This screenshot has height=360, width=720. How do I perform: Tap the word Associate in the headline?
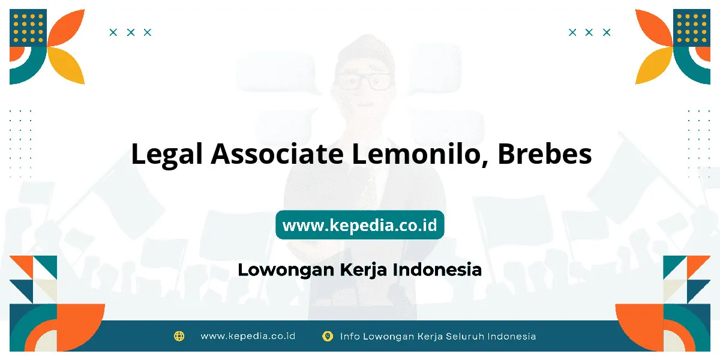(277, 154)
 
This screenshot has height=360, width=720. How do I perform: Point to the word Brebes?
(545, 154)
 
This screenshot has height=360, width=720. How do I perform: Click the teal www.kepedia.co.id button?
(360, 224)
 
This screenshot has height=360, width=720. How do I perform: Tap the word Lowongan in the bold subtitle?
(286, 270)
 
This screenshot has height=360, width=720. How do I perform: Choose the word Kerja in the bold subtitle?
(364, 270)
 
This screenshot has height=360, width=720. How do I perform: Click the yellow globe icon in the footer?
(179, 336)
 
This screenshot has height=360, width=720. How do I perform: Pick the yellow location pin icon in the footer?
(328, 336)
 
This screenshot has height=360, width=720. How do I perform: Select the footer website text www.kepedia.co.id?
(248, 336)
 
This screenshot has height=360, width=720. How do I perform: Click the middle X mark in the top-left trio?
(131, 32)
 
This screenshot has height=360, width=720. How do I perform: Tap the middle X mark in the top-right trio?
(589, 32)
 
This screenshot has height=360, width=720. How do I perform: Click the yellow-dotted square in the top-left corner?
(28, 28)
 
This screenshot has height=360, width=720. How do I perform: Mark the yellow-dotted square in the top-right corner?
(692, 28)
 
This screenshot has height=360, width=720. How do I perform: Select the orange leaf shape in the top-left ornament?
(66, 28)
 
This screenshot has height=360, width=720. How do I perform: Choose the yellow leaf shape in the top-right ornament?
(654, 65)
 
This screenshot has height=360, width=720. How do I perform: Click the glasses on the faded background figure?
(364, 82)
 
